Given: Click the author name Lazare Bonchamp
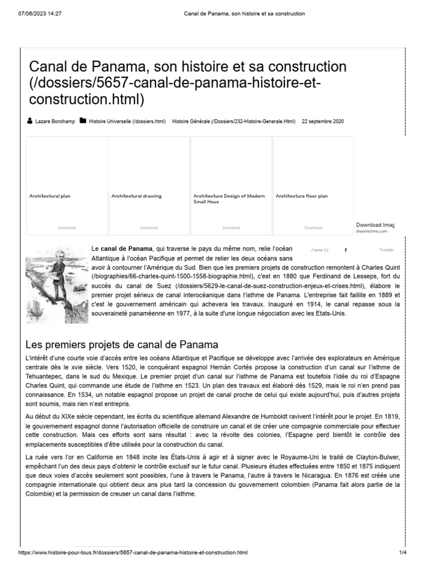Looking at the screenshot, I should tap(55, 121).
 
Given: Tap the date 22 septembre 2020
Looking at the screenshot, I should tap(323, 121).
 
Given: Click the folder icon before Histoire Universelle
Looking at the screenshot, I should tap(83, 121).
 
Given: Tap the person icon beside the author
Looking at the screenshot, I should tap(29, 121).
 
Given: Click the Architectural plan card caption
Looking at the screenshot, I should tap(50, 196).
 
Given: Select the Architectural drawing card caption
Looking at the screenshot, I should tap(137, 196).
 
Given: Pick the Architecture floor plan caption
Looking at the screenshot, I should tap(302, 196).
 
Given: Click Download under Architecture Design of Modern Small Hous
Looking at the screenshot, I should tap(231, 228).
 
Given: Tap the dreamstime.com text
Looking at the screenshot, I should tap(372, 231).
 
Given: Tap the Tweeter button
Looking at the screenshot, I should tap(386, 250).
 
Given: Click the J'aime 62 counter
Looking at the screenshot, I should tap(320, 250).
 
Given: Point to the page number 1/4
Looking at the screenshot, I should tap(402, 553).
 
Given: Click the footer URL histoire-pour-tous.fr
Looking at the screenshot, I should tap(133, 553).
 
